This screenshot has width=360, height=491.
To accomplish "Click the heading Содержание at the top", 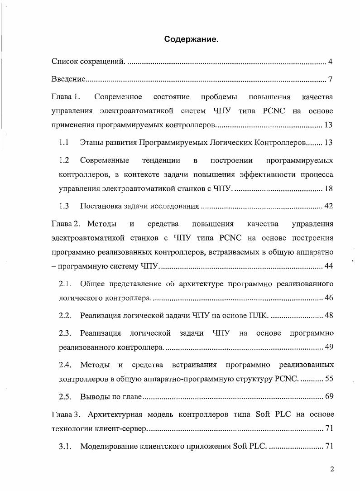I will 191,40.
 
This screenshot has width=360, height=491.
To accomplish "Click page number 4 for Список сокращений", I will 331,62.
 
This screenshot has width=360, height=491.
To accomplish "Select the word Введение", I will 68,80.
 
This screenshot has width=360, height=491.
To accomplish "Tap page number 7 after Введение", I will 331,80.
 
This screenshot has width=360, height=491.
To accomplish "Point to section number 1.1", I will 64,143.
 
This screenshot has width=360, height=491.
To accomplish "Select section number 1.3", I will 64,206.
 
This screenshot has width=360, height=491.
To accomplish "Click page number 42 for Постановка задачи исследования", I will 328,206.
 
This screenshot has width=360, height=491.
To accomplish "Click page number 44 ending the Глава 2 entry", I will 328,266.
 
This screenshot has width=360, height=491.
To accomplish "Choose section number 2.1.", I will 65,284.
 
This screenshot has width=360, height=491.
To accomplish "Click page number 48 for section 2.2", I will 328,315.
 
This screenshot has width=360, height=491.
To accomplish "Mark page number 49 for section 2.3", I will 328,347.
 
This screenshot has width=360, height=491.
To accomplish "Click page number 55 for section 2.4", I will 328,379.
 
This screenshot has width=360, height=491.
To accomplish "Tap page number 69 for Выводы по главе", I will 328,397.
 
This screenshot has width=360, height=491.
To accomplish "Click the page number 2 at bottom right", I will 331,469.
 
